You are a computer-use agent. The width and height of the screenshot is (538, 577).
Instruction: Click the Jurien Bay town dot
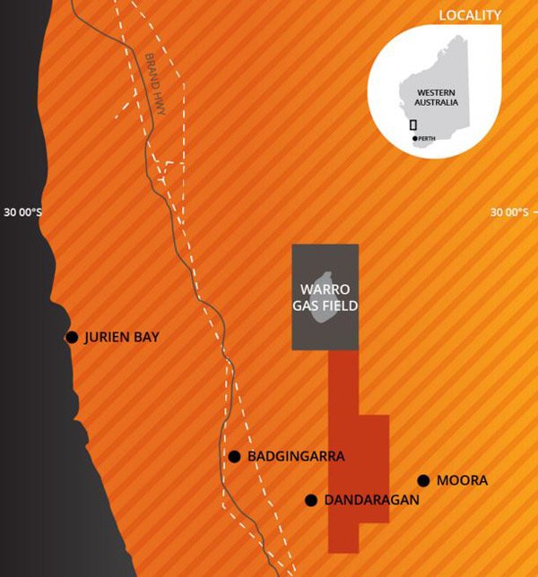pyautogui.click(x=72, y=337)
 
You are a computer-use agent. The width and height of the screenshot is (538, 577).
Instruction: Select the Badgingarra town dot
pyautogui.click(x=234, y=456)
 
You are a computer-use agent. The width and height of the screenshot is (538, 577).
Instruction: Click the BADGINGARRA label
pyautogui.click(x=295, y=456)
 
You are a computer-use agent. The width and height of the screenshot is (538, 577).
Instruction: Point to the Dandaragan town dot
pyautogui.click(x=311, y=500)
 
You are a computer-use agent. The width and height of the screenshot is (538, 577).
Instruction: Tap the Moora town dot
pyautogui.click(x=423, y=480)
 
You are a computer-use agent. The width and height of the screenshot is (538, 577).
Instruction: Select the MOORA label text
pyautogui.click(x=462, y=481)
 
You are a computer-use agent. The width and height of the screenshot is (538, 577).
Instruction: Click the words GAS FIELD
pyautogui.click(x=325, y=306)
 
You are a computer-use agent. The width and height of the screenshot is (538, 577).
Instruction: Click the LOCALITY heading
pyautogui.click(x=470, y=15)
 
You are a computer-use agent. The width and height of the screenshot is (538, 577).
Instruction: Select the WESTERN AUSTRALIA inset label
pyautogui.click(x=438, y=97)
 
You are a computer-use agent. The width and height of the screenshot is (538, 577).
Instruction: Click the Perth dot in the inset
pyautogui.click(x=415, y=138)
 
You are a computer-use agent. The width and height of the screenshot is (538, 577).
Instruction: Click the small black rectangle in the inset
pyautogui.click(x=413, y=125)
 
